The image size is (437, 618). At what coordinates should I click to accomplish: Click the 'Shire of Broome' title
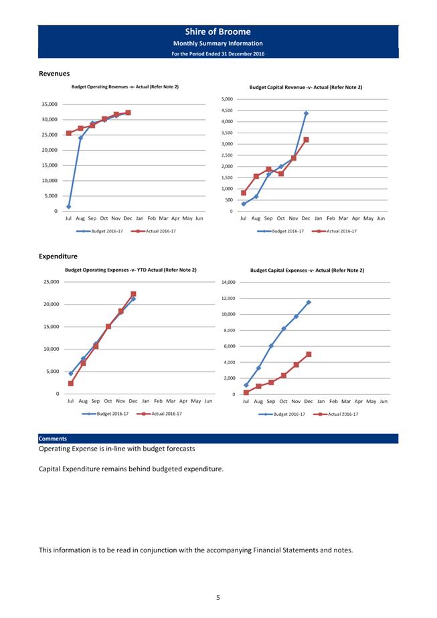pos(218,31)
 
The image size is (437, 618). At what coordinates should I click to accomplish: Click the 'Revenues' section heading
pos(54,74)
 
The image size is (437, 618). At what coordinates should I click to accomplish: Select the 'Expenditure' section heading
pos(58,256)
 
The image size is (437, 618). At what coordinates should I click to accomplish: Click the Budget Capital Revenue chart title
pos(306,87)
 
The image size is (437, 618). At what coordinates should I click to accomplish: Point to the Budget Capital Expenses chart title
pos(307,271)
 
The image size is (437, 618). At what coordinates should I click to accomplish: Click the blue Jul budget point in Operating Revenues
pos(69,206)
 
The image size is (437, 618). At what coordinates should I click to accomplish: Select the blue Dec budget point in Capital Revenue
pos(306,113)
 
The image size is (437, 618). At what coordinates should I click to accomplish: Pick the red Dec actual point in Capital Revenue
pos(306,140)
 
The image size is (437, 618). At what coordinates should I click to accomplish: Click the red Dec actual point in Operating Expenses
pos(133,294)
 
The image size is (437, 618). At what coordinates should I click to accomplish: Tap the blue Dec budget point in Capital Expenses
pos(309,302)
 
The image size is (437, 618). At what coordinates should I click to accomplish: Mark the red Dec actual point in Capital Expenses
pos(309,354)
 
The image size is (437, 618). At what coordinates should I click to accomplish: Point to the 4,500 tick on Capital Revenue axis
pos(226,110)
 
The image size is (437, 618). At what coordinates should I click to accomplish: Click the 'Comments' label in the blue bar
pos(52,439)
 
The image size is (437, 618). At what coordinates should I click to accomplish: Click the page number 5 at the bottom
pos(218,597)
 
